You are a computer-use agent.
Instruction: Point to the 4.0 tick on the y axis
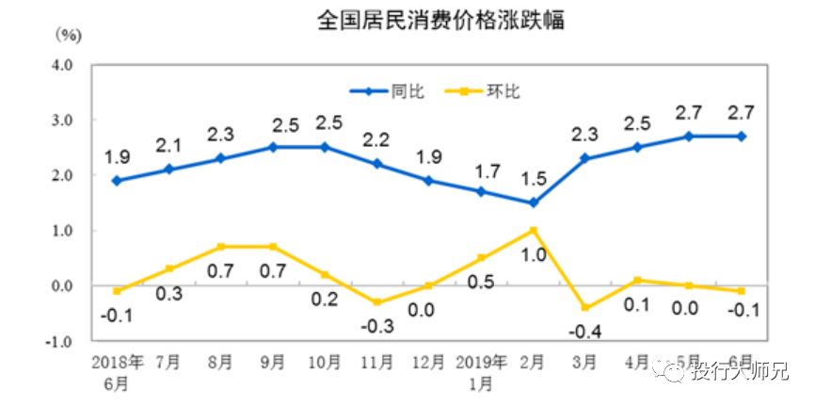(x=62, y=65)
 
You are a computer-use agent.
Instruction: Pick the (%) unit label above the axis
(x=69, y=37)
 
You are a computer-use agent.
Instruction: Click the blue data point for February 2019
(x=532, y=203)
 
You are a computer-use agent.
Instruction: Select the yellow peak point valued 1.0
(x=532, y=230)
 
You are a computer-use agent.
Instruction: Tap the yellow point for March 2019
(x=584, y=307)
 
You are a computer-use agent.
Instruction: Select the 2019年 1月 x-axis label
(x=480, y=371)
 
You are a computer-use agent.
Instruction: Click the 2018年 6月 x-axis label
(x=117, y=371)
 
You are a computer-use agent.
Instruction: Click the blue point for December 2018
(x=428, y=180)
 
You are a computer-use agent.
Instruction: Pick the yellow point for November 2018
(x=376, y=301)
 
